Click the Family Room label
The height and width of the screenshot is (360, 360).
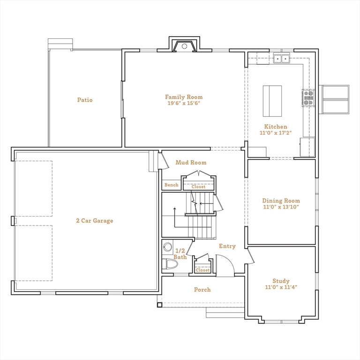tap(187, 97)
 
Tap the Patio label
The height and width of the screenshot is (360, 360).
tap(85, 100)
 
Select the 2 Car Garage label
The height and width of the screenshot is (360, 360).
tap(95, 221)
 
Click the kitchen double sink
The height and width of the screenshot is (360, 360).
tap(282, 59)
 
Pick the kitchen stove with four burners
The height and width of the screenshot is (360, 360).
tap(308, 97)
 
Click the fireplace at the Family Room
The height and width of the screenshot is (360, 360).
tap(185, 46)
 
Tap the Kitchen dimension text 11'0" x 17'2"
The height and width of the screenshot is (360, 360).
tap(276, 133)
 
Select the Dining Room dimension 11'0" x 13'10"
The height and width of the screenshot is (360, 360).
tap(280, 207)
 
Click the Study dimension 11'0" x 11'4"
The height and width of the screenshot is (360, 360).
tap(281, 287)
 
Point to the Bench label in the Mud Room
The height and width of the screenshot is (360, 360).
tap(171, 185)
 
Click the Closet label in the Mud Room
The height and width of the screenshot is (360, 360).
tap(198, 187)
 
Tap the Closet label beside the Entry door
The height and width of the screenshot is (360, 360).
tap(202, 270)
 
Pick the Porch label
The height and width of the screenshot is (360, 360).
tap(202, 290)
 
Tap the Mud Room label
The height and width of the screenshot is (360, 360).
tap(191, 163)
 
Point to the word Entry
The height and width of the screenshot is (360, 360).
tap(227, 246)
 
